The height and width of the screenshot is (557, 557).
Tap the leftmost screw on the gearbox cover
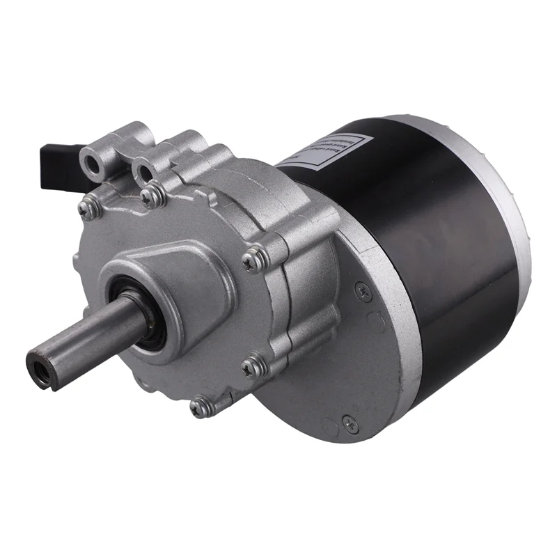pyautogui.click(x=86, y=207)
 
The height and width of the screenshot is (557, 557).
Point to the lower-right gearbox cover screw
pyautogui.click(x=252, y=363)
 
